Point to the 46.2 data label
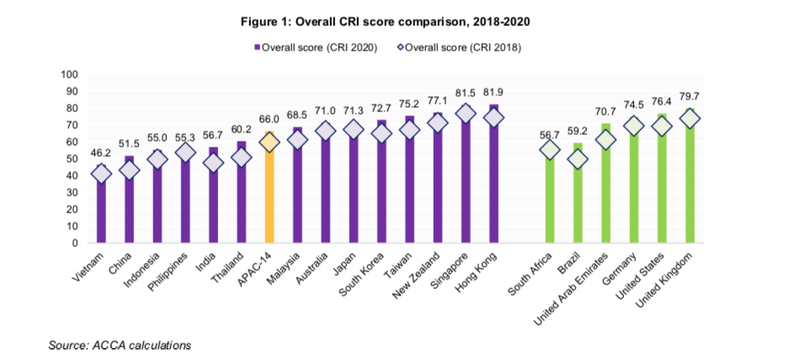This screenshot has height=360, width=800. (101, 153)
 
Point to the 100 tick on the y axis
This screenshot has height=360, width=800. (69, 74)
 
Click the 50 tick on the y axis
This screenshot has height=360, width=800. (72, 158)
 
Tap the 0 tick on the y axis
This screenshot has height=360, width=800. (75, 242)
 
